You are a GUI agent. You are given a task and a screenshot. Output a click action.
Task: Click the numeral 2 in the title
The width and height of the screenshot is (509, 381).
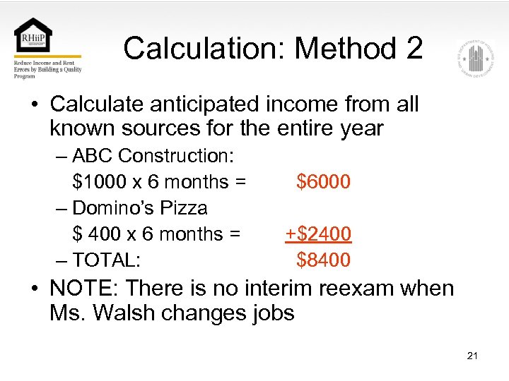pos(414,49)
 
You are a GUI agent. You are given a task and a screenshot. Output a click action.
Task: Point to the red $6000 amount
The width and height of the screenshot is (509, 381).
pos(324,181)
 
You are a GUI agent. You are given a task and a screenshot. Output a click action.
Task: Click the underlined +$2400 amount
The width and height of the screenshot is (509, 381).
pos(318,234)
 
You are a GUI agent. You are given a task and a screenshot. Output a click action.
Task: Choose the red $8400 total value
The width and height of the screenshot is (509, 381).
pos(324,260)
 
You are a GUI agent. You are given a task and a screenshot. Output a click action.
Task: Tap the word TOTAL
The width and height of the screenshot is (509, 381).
pos(106,260)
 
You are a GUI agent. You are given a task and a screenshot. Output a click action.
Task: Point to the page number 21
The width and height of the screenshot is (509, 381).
pos(472,356)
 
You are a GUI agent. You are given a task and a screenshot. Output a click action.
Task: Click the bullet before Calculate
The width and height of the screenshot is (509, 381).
pos(34,104)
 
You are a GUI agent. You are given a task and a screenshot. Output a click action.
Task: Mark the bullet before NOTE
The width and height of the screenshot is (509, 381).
pos(34,289)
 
